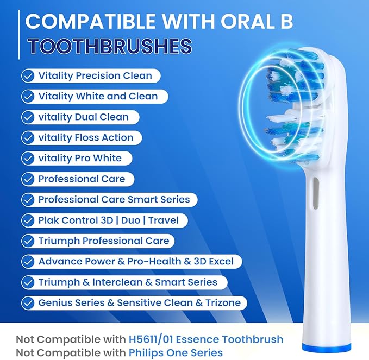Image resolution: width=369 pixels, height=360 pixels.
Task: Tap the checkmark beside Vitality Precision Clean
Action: (x=28, y=75)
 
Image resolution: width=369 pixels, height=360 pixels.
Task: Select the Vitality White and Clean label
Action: (x=98, y=96)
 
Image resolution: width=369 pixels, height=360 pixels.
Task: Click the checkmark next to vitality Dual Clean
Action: (x=28, y=117)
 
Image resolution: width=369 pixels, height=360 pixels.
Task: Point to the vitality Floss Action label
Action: (x=86, y=137)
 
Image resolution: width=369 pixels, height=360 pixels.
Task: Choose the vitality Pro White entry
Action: (x=80, y=158)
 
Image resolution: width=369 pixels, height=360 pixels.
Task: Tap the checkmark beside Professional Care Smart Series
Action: (x=28, y=199)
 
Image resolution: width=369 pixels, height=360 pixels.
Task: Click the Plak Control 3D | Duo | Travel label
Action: (x=105, y=220)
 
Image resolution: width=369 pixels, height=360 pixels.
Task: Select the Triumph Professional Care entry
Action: (x=104, y=241)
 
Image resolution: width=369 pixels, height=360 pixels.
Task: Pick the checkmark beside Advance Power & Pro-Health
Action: (x=28, y=261)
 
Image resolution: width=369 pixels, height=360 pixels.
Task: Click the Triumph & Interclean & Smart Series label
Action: (x=128, y=282)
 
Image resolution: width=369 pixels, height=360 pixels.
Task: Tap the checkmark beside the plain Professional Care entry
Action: (x=28, y=179)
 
